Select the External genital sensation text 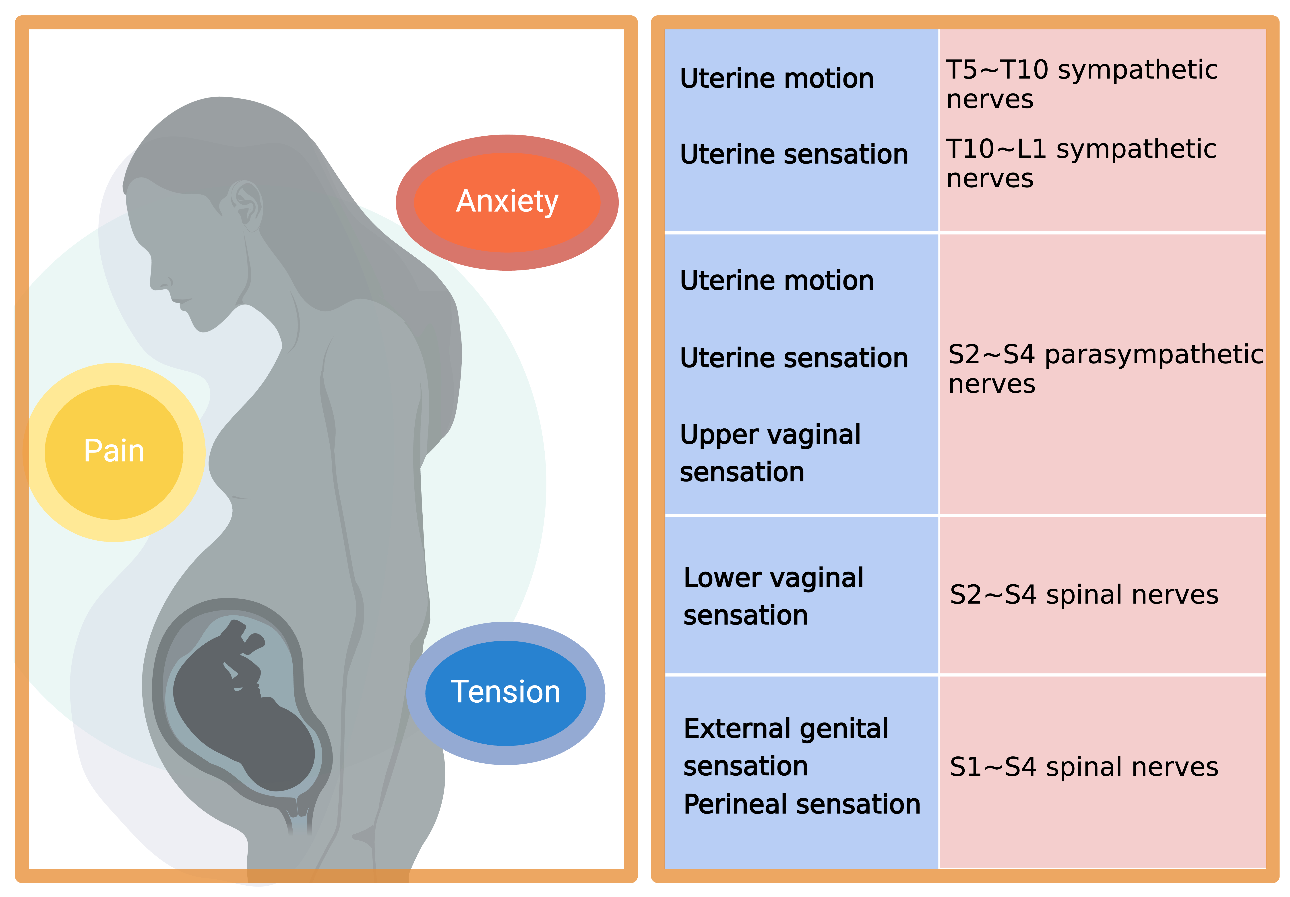[x=785, y=747]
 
